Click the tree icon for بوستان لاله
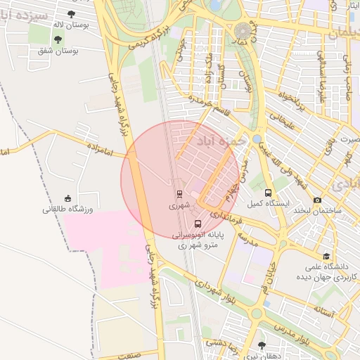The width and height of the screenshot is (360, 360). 71,13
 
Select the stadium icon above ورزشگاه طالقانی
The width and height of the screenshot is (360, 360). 67,198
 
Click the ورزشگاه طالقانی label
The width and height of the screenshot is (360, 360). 67,210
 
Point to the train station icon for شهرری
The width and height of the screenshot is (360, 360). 179,194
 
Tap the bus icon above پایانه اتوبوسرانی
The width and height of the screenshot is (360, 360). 198,224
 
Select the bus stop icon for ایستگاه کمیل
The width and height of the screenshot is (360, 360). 268,193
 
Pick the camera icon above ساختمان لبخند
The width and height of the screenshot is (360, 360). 317,200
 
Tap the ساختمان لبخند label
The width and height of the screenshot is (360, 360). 317,211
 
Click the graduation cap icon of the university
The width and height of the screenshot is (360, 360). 326,257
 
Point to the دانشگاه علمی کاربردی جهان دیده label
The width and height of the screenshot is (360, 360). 330,272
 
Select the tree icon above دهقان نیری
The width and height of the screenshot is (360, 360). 262,345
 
